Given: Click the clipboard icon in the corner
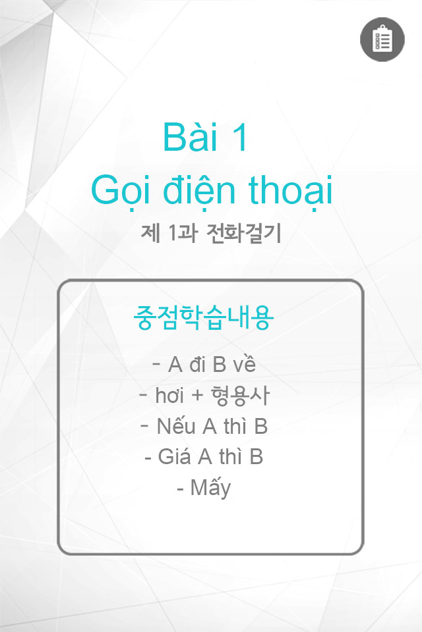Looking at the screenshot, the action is [382, 39].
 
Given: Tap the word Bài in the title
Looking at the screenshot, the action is [191, 137].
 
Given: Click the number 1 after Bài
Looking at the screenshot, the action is [240, 138].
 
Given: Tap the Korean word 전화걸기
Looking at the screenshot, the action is [243, 233].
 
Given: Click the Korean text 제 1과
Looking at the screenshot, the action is [169, 233].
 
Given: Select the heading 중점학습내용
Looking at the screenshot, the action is [204, 317].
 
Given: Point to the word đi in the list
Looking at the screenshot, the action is [198, 364].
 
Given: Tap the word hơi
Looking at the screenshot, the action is [169, 395].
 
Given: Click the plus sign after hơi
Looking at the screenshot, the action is [197, 396].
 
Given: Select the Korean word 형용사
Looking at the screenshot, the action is [240, 396].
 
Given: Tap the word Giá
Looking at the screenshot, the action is [174, 456].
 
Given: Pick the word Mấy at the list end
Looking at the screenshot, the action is [210, 488].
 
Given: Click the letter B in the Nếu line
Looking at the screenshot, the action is [261, 426].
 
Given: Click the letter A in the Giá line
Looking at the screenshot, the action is [205, 457].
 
